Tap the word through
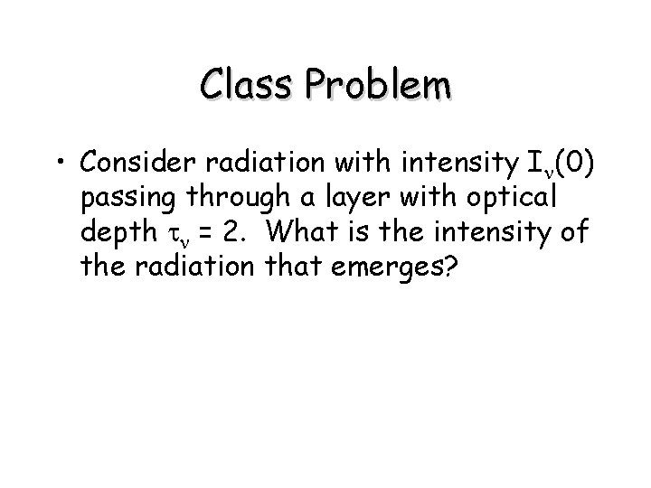[232, 198]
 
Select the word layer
[362, 198]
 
